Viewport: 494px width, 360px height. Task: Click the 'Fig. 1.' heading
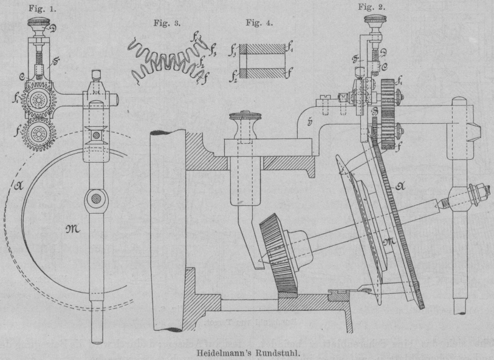click(x=41, y=8)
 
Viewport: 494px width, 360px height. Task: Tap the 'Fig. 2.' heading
click(x=371, y=7)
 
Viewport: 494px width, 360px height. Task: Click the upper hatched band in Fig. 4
click(x=262, y=48)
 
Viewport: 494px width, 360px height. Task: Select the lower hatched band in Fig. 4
click(x=262, y=73)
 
